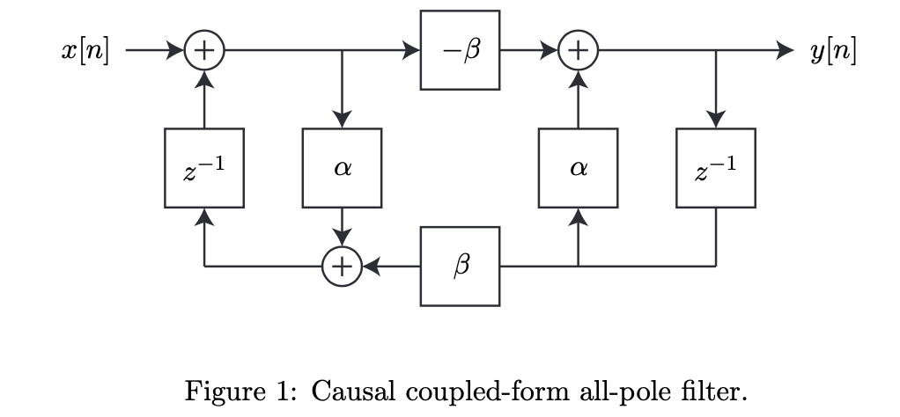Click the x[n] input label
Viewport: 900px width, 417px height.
[x=85, y=52]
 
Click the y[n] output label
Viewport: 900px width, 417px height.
[x=832, y=52]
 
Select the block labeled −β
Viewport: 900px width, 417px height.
[x=460, y=51]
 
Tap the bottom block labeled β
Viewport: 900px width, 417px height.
[x=460, y=267]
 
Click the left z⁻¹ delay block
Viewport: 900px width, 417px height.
[x=204, y=168]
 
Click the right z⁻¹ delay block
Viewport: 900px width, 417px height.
[x=715, y=168]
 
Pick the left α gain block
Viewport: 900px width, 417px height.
[x=342, y=168]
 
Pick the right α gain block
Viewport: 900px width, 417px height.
[x=578, y=168]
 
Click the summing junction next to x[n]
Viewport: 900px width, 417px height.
[x=204, y=51]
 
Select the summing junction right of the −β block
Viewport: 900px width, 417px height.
[x=578, y=51]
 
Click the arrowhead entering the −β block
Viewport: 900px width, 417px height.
[x=411, y=51]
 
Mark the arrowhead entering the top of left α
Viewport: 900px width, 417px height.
[x=342, y=120]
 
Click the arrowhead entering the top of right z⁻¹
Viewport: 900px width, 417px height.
[x=715, y=120]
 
